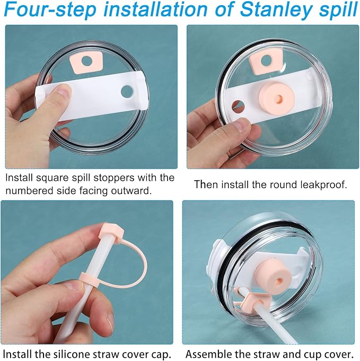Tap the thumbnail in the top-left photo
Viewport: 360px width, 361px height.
(x=63, y=92)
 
